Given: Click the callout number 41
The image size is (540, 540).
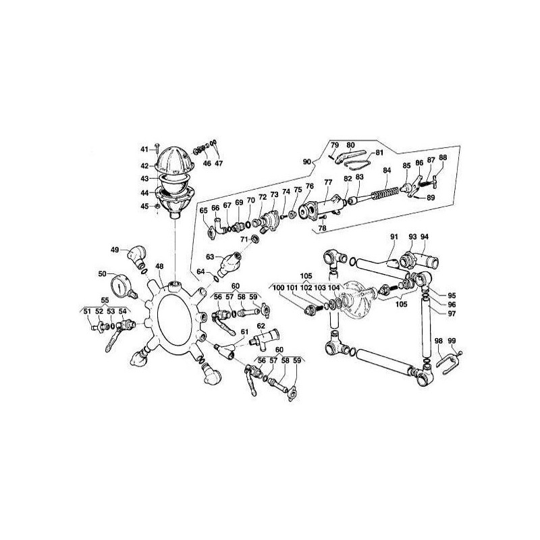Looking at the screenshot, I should [x=144, y=149].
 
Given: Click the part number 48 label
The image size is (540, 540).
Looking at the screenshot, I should [x=159, y=266].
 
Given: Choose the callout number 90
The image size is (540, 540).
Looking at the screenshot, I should [x=306, y=162].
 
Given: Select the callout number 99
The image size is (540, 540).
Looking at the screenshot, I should [x=452, y=341].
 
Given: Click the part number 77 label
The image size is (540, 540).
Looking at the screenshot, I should [x=327, y=182].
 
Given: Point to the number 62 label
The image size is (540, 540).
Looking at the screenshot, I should [x=260, y=325].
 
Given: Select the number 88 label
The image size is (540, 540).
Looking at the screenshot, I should [x=443, y=158].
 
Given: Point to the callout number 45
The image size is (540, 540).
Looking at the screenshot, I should [x=144, y=207].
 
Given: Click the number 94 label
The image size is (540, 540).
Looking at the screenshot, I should [x=425, y=236].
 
